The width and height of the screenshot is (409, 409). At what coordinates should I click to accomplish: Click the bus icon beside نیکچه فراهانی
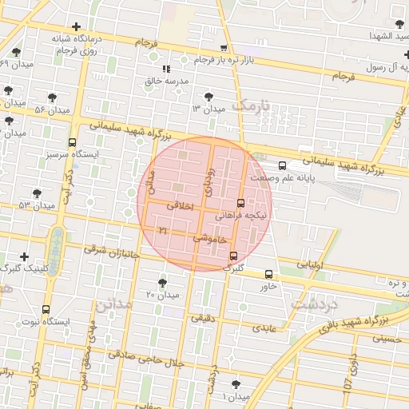coord(241,203)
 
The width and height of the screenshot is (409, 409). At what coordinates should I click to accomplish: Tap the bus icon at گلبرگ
coord(233,256)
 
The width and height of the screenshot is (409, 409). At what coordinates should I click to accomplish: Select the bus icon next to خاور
coord(268,274)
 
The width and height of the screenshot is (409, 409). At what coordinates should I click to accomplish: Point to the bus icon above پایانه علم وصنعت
coord(281,165)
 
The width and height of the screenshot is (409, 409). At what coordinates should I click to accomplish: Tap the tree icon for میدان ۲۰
coord(163,283)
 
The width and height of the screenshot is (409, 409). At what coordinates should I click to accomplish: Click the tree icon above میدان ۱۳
coord(209,95)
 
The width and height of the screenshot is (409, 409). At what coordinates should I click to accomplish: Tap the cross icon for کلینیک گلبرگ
coord(25,256)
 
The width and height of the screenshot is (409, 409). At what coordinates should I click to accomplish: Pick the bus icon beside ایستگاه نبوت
coord(46,308)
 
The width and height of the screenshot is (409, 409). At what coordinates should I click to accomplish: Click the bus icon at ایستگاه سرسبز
coord(72,141)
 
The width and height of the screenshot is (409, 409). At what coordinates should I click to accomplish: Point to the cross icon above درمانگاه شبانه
coord(76,26)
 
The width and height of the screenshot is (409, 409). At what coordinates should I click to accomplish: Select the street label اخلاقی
coord(180,205)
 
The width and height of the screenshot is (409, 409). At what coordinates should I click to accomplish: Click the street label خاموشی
coord(211,237)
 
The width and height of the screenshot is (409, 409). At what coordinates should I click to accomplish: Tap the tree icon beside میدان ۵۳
coord(37,193)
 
